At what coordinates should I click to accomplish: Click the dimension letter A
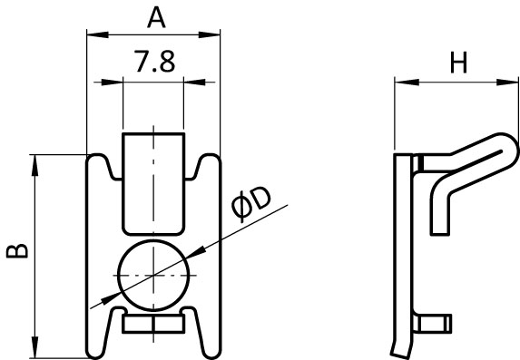pyautogui.click(x=156, y=18)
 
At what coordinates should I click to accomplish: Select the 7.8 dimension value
pyautogui.click(x=154, y=62)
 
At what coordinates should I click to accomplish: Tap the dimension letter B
pyautogui.click(x=17, y=251)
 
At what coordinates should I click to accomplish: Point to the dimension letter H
pyautogui.click(x=458, y=63)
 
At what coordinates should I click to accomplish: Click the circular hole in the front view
pyautogui.click(x=153, y=275)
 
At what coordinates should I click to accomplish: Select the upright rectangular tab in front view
pyautogui.click(x=153, y=184)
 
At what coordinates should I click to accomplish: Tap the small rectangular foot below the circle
pyautogui.click(x=153, y=324)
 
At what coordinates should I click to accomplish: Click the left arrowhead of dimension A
pyautogui.click(x=97, y=34)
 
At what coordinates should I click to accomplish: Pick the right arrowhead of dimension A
pyautogui.click(x=210, y=34)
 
